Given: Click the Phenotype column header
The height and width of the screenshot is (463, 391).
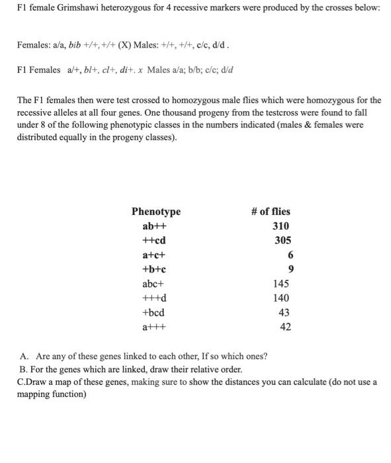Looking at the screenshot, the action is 155,212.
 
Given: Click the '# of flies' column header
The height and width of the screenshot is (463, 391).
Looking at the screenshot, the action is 271,212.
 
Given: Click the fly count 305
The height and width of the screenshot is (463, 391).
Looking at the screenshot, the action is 282,241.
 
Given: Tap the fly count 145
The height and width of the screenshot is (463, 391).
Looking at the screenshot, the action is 281,284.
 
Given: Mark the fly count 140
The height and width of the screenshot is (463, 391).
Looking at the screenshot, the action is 281,298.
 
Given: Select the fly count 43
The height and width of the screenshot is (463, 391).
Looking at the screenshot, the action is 284,312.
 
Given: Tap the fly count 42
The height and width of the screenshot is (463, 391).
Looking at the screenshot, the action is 284,327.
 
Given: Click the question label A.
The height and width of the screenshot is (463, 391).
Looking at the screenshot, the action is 24,357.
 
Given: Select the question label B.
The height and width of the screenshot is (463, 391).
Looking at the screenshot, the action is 24,369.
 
